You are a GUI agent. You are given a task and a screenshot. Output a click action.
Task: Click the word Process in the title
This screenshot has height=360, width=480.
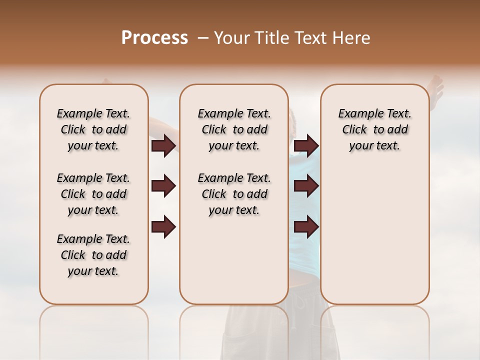154,38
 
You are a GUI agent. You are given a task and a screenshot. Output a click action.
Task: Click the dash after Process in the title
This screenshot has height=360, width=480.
203,38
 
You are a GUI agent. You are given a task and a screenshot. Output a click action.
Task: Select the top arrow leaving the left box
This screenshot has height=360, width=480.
163,145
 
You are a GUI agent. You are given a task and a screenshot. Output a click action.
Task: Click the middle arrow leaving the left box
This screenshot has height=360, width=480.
163,186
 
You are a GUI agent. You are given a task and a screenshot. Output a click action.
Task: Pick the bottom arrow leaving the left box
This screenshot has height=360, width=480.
163,227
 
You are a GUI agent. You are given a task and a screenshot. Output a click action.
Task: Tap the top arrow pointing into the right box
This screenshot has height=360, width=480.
306,145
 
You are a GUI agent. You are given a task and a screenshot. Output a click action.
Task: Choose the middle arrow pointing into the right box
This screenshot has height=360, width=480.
306,186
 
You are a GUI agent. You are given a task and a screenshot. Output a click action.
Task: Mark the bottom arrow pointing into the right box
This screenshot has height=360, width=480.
306,227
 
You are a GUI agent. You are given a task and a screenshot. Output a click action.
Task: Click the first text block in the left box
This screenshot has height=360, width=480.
93,129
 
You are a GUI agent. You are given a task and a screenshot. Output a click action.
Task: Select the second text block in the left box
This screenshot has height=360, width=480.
93,194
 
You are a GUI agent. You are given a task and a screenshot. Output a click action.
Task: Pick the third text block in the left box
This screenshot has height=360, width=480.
93,255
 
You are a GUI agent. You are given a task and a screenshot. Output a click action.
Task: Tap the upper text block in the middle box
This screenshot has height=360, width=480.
234,129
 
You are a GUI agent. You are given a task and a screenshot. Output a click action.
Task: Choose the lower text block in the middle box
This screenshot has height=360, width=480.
234,194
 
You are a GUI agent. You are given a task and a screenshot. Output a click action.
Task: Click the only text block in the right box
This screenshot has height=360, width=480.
374,129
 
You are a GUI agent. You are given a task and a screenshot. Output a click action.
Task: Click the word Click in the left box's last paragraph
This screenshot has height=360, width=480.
73,255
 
